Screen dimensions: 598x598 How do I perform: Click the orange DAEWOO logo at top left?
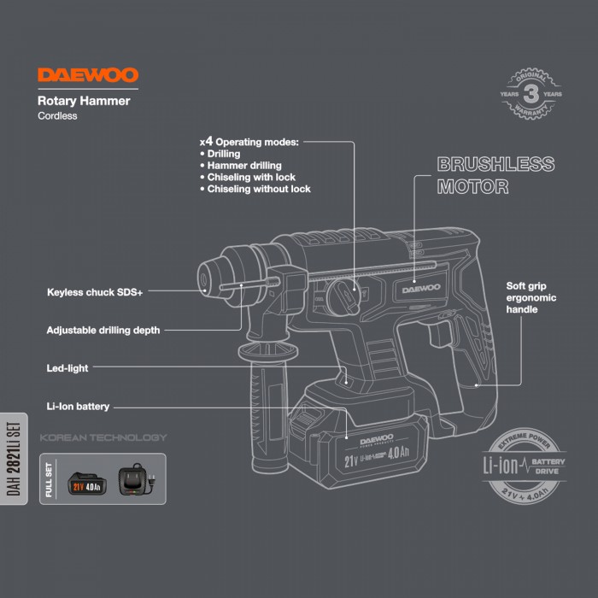point(87,75)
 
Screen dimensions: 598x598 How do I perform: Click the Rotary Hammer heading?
point(84,101)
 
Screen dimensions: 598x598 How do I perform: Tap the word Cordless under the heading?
point(57,116)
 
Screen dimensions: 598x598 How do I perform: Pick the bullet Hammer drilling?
point(243,165)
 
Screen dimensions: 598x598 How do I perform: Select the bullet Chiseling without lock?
point(259,189)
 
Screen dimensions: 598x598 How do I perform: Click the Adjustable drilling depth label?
point(103,329)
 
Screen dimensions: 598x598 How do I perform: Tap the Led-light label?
point(67,368)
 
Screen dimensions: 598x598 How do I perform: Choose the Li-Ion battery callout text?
point(78,407)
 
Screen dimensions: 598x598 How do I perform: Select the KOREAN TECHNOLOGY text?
point(103,438)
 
